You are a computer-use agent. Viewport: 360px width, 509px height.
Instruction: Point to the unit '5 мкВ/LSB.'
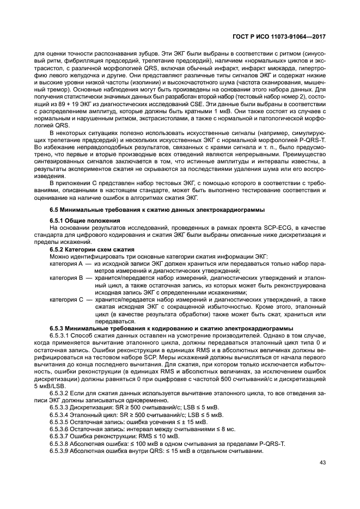51,385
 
